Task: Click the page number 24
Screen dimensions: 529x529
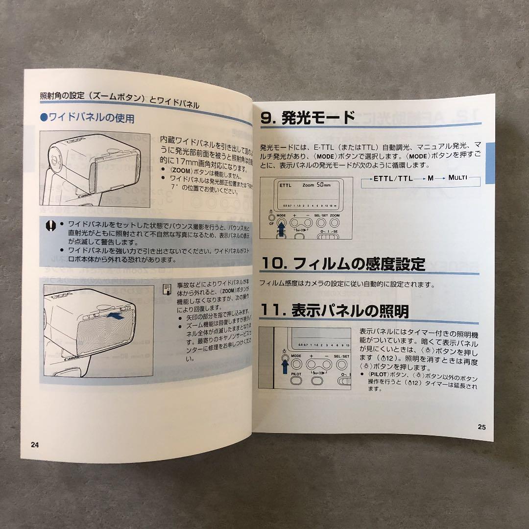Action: click(34, 445)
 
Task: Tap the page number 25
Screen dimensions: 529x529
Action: click(481, 427)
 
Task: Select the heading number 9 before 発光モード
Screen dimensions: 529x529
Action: click(267, 118)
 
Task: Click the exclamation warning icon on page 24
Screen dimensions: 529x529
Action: click(50, 225)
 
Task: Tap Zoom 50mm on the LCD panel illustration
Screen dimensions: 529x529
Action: click(316, 185)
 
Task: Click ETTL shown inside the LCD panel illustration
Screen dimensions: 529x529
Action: click(285, 186)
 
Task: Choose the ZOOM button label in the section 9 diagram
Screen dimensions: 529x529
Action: click(335, 215)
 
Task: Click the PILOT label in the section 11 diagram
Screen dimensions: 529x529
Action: click(296, 373)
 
